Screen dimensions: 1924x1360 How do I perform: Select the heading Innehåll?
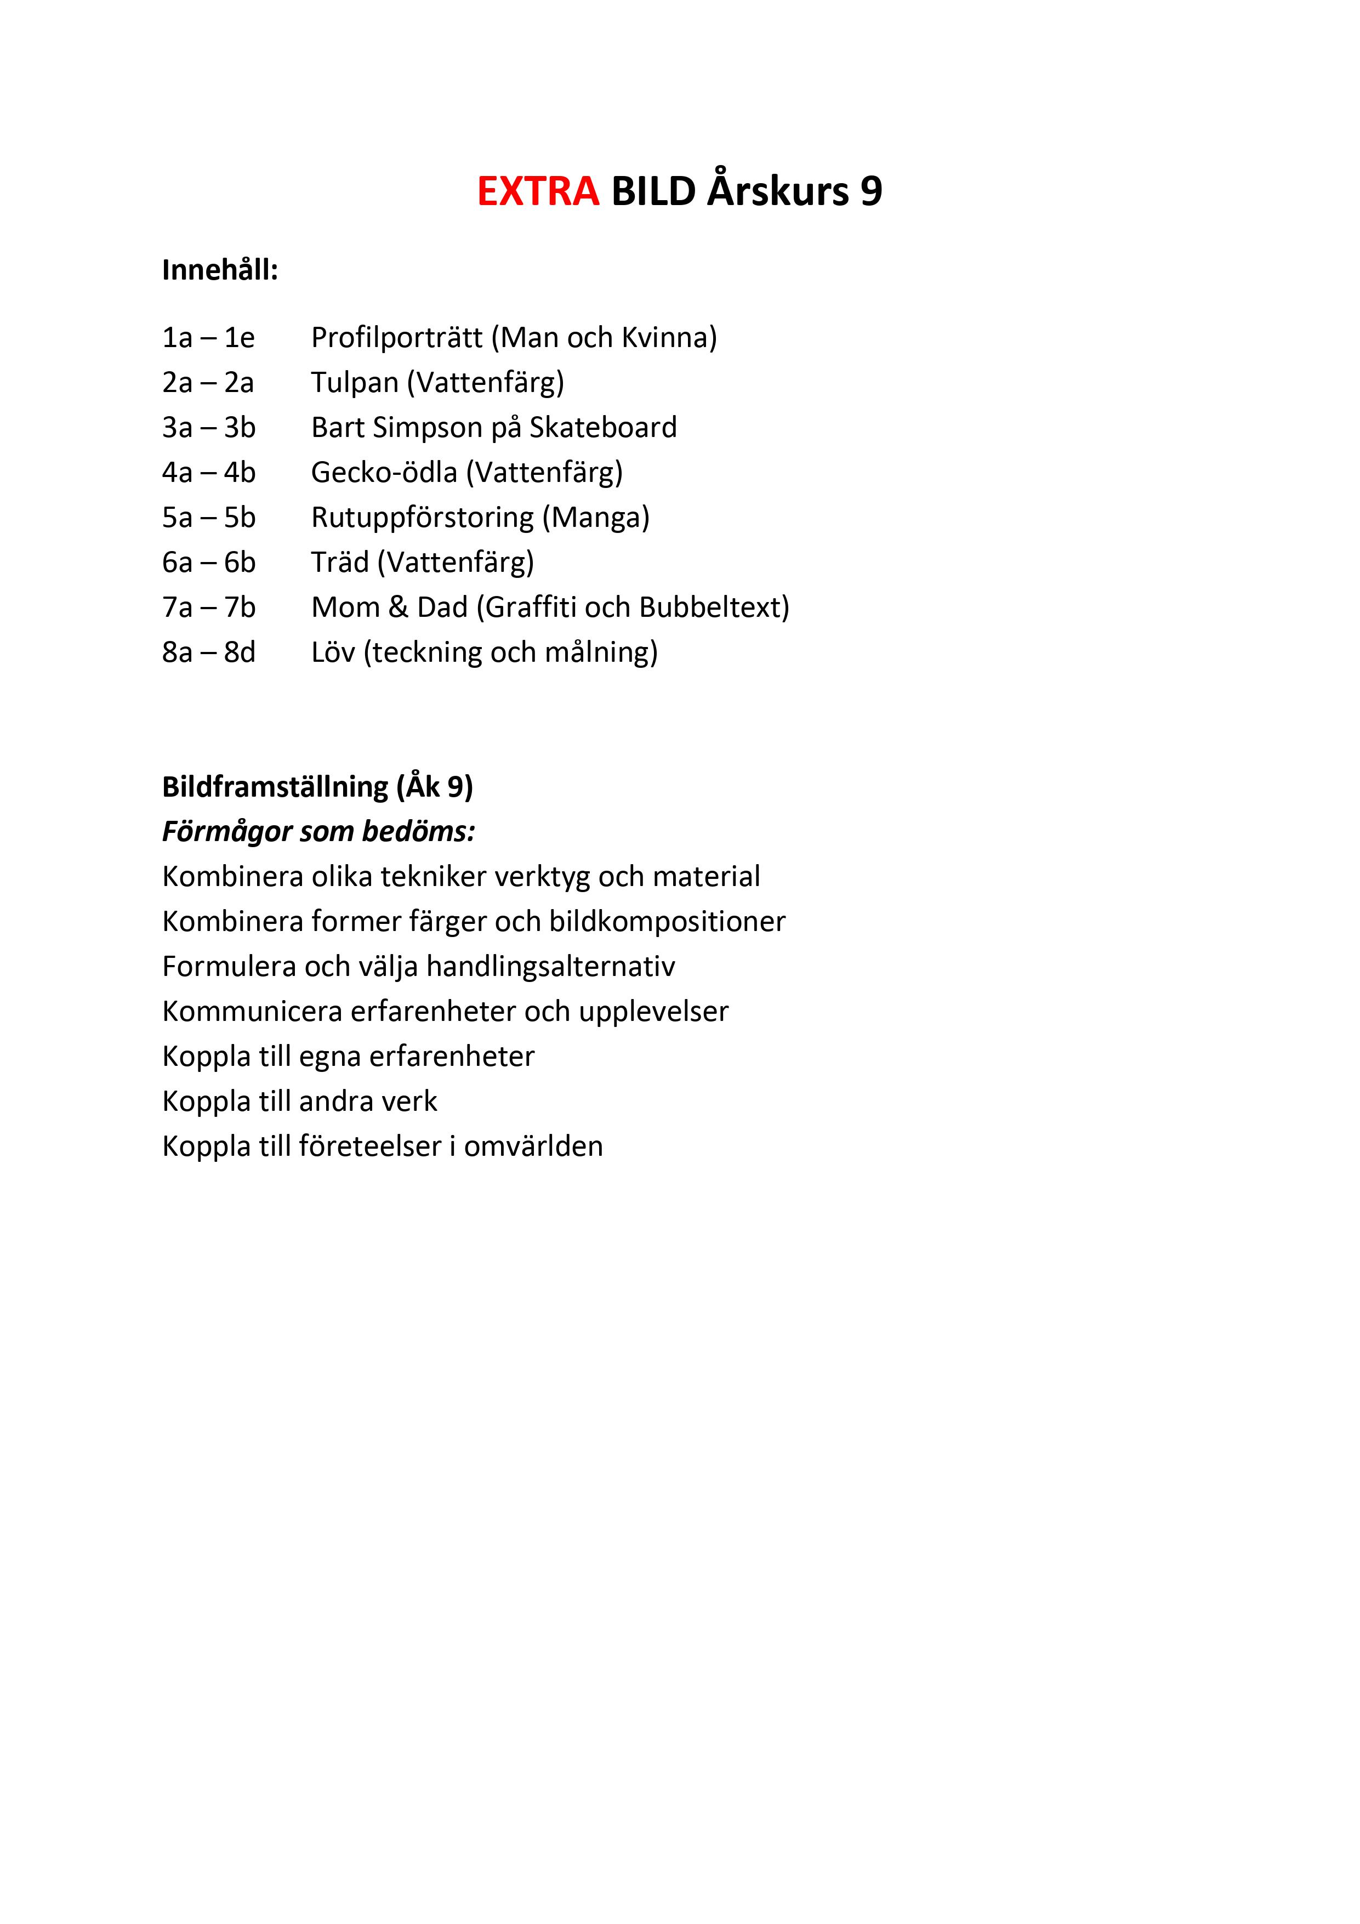[x=220, y=271]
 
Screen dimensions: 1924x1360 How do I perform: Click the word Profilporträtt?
[x=396, y=338]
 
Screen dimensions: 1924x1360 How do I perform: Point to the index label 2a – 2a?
[x=208, y=383]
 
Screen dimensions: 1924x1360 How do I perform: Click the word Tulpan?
[x=355, y=383]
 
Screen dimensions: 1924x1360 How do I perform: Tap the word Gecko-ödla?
[x=384, y=473]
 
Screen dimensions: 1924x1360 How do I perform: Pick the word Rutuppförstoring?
[x=422, y=518]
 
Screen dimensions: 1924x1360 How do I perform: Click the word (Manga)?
[x=596, y=518]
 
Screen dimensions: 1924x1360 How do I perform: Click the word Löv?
[x=333, y=652]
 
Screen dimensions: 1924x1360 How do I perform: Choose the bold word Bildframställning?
[x=275, y=787]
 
